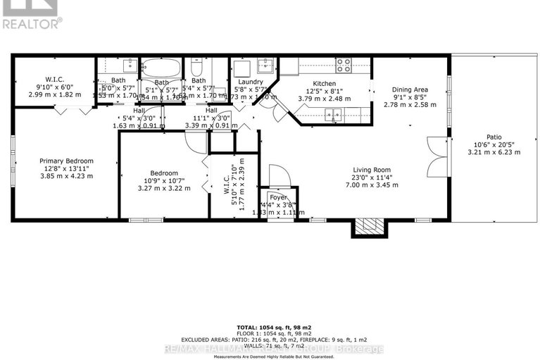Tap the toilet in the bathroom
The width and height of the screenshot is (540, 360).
tap(198, 68)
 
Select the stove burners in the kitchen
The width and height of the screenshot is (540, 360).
tap(344, 65)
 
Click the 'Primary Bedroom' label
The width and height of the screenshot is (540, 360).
tap(66, 161)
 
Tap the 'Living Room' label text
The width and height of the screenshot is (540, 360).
tap(371, 169)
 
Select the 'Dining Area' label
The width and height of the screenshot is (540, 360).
tap(410, 89)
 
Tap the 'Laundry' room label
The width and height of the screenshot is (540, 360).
tap(251, 82)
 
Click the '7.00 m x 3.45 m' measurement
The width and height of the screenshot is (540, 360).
tap(371, 185)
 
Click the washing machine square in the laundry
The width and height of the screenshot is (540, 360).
tap(241, 68)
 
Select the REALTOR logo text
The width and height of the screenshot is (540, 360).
tap(31, 23)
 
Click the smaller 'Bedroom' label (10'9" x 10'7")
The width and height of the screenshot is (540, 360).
tap(163, 173)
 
